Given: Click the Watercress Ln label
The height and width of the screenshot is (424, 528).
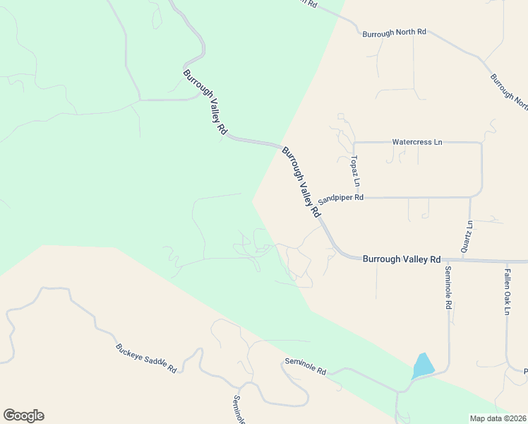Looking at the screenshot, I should pyautogui.click(x=416, y=142).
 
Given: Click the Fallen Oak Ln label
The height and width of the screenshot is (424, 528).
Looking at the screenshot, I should pyautogui.click(x=507, y=289).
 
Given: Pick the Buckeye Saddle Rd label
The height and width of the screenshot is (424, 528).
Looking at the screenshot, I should pyautogui.click(x=145, y=358).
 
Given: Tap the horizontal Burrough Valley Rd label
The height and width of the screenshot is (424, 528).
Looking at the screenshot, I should pyautogui.click(x=401, y=259).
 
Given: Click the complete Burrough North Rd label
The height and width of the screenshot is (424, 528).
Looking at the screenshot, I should pyautogui.click(x=395, y=33).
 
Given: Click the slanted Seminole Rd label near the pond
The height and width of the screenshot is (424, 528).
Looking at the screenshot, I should pyautogui.click(x=305, y=365).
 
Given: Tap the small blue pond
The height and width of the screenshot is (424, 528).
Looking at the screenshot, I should pyautogui.click(x=423, y=365).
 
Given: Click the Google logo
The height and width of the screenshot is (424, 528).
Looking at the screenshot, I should pyautogui.click(x=23, y=416).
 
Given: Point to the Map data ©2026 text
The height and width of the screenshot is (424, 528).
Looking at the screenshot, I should pyautogui.click(x=498, y=418).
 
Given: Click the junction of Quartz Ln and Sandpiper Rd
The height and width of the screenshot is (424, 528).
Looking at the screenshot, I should pyautogui.click(x=470, y=198).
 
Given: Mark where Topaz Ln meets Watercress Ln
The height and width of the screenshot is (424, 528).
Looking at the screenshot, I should pyautogui.click(x=354, y=143).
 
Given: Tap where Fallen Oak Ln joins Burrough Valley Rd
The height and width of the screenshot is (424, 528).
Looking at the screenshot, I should pyautogui.click(x=507, y=261).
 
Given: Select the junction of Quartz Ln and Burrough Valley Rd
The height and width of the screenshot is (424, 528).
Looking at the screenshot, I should pyautogui.click(x=469, y=260).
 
